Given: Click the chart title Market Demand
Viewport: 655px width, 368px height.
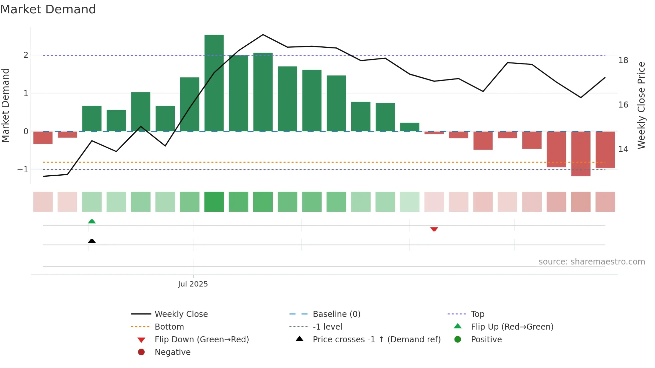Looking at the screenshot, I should click(x=48, y=9).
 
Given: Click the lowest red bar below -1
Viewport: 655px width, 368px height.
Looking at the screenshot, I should click(x=580, y=154).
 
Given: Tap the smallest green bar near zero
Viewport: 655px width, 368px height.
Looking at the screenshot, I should click(x=409, y=127).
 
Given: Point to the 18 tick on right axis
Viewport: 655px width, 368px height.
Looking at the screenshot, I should click(x=623, y=60).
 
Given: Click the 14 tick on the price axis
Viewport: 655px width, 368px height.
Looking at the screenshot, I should click(x=623, y=149).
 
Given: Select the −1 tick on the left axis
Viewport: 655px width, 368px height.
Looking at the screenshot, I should click(x=23, y=170).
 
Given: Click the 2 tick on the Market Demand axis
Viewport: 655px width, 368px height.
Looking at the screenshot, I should click(x=26, y=55).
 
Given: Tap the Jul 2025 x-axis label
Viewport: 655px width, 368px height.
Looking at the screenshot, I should click(x=193, y=284).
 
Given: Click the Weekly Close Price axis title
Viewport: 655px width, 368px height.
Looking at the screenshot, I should click(x=641, y=105).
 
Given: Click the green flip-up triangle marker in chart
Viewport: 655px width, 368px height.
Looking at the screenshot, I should click(x=92, y=221).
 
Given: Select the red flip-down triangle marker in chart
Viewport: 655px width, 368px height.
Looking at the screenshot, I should click(x=434, y=229).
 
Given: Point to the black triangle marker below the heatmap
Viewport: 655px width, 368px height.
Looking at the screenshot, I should click(x=92, y=241).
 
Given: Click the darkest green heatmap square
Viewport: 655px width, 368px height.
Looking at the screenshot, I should click(x=214, y=202).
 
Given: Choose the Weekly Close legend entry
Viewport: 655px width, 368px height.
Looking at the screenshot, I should click(x=181, y=314).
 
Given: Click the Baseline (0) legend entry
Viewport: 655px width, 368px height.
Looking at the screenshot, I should click(x=336, y=314).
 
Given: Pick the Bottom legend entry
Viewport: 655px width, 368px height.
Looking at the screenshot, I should click(x=169, y=327).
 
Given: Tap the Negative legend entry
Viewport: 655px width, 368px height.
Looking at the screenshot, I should click(x=172, y=352).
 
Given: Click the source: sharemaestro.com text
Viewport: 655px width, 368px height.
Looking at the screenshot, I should click(x=592, y=262).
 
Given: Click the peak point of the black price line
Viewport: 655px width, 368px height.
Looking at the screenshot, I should click(x=263, y=34).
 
